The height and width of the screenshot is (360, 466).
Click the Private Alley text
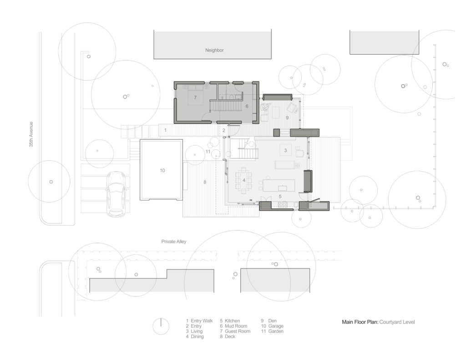point(174,242)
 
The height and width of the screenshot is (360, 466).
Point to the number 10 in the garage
point(162,171)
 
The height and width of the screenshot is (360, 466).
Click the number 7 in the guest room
point(195,98)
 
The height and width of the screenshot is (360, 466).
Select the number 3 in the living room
point(285,150)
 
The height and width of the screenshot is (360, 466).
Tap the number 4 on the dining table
point(244,180)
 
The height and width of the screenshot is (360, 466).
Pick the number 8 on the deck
point(205,182)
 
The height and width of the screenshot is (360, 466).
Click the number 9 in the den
point(287,117)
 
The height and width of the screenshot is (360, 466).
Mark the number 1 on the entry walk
point(165,130)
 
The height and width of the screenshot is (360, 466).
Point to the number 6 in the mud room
point(247,106)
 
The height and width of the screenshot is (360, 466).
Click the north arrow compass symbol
point(160,326)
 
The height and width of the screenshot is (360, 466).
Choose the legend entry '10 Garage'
point(272,326)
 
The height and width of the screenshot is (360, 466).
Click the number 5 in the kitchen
point(280,196)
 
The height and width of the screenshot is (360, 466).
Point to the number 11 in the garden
point(208,152)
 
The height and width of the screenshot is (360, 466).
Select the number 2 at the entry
point(223,131)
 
